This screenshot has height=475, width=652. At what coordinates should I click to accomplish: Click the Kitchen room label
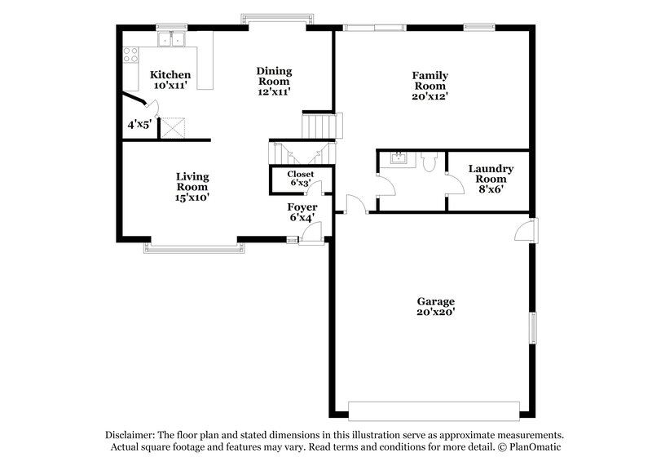[170, 75]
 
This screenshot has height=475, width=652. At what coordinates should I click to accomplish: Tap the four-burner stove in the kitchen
[130, 55]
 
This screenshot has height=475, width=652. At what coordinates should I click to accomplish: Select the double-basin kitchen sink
[172, 38]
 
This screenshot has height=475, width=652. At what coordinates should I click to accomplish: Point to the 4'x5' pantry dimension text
[139, 126]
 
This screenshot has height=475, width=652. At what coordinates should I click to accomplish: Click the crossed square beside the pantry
[171, 127]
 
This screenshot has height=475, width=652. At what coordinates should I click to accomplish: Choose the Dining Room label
[275, 76]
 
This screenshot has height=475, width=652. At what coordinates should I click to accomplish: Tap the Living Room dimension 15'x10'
[193, 197]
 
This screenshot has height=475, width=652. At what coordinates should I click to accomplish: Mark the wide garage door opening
[434, 410]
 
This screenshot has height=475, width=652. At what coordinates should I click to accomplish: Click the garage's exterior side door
[526, 230]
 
